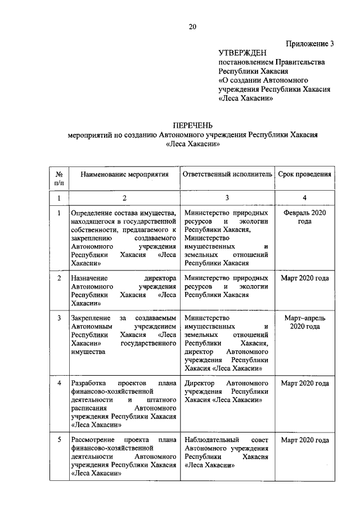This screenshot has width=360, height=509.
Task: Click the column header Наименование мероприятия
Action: (124, 174)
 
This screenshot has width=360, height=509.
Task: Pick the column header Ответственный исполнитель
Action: (227, 174)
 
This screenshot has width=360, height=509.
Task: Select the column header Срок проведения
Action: (304, 174)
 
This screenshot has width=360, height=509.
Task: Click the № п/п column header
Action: (59, 178)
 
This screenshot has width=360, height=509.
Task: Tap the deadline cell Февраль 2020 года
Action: (304, 217)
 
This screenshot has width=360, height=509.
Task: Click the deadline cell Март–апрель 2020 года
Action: (304, 322)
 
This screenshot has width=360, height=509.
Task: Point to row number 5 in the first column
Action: (59, 439)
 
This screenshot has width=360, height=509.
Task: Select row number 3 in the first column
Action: (59, 318)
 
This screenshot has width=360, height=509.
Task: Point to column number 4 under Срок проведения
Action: (304, 198)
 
